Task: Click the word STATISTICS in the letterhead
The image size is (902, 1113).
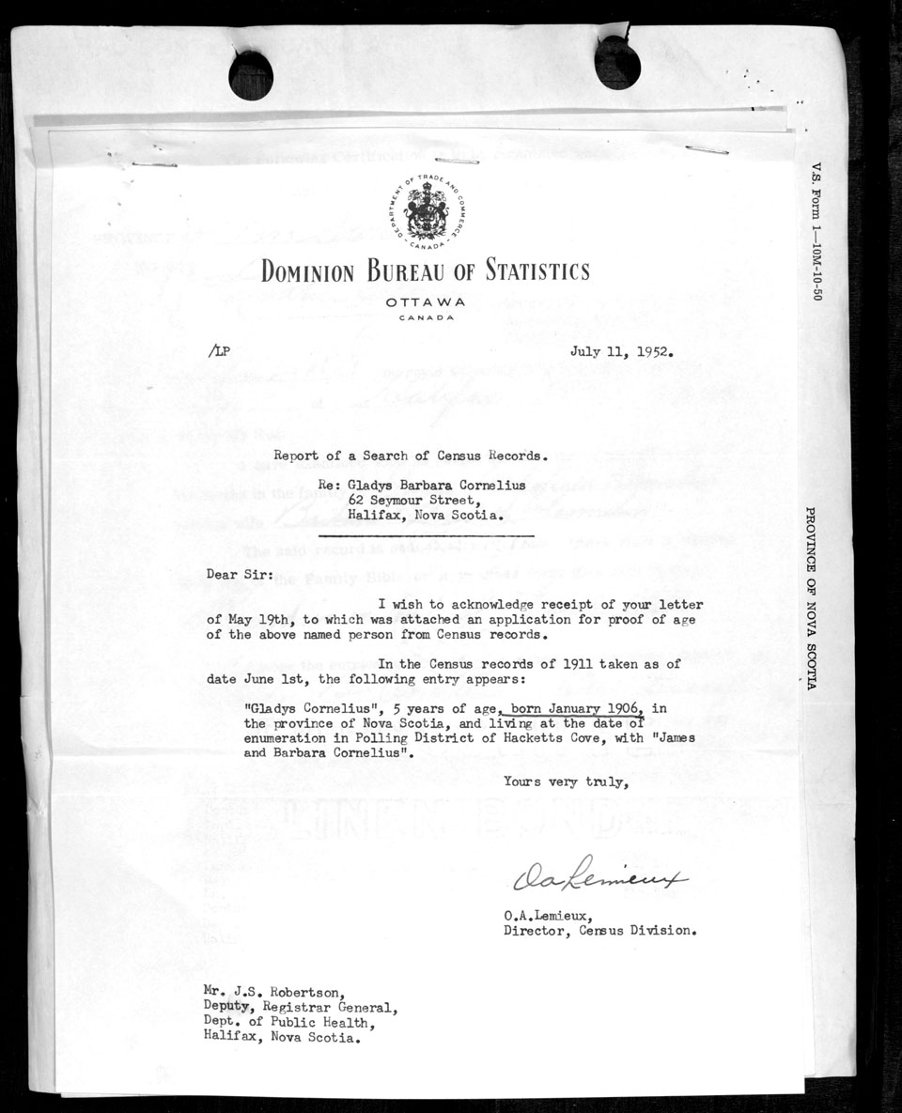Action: coord(537,272)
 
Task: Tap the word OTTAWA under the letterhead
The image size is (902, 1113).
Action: coord(425,302)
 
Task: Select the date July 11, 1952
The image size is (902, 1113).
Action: coord(622,353)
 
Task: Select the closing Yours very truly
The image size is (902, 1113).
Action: coord(564,781)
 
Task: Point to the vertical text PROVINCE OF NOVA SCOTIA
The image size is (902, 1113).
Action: coord(810,598)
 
